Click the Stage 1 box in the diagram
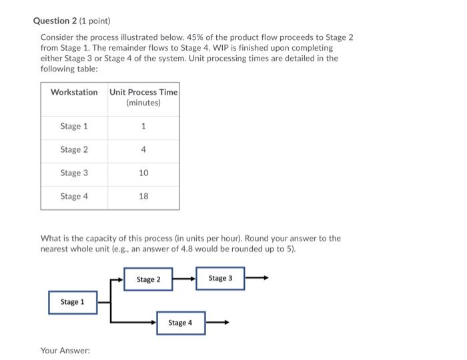pyautogui.click(x=73, y=302)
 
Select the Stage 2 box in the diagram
pyautogui.click(x=148, y=279)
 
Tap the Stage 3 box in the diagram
pyautogui.click(x=220, y=278)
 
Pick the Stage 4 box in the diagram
pyautogui.click(x=181, y=323)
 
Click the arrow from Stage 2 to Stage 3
pyautogui.click(x=183, y=279)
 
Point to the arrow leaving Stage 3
pyautogui.click(x=257, y=278)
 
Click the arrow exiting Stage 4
pyautogui.click(x=217, y=323)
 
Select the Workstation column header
pyautogui.click(x=74, y=92)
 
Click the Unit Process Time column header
pyautogui.click(x=143, y=97)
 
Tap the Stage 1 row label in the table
pyautogui.click(x=74, y=126)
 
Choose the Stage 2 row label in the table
pyautogui.click(x=74, y=149)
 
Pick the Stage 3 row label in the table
pyautogui.click(x=74, y=173)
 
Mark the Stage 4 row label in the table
pyautogui.click(x=74, y=196)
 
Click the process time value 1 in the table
pyautogui.click(x=143, y=126)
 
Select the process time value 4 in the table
pyautogui.click(x=143, y=149)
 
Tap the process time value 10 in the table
pyautogui.click(x=143, y=173)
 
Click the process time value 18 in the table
pyautogui.click(x=143, y=196)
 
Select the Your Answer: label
pyautogui.click(x=65, y=350)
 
